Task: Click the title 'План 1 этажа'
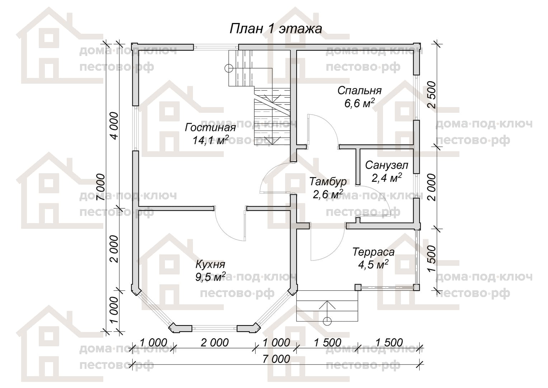tap(276, 29)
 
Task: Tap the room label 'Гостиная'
tap(211, 128)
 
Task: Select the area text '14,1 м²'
tap(211, 140)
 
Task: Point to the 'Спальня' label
tap(359, 91)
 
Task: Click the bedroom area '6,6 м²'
tap(359, 103)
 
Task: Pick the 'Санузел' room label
tap(387, 166)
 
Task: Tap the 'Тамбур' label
tap(328, 182)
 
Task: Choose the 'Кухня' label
tap(211, 265)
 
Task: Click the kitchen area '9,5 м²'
tap(211, 277)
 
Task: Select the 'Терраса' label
tap(373, 252)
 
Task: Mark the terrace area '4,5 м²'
tap(373, 264)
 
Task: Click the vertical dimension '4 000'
tap(114, 126)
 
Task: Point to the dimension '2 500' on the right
tap(432, 95)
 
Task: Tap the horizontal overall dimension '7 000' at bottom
tap(276, 359)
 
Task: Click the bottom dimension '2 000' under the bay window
tap(214, 343)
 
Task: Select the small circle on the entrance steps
tap(327, 320)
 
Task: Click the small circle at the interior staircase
tap(229, 68)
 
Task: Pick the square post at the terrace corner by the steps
tap(358, 287)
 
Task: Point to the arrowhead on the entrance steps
tap(327, 304)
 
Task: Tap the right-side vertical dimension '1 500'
tap(432, 259)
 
